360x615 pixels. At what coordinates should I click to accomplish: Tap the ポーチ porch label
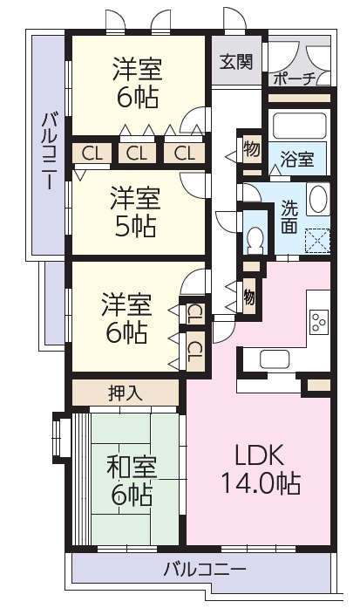(x=295, y=78)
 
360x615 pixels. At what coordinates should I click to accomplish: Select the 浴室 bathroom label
(x=297, y=160)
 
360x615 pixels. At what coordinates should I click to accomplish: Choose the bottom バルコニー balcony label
(x=205, y=571)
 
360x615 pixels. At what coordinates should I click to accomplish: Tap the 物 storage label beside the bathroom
(x=251, y=148)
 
